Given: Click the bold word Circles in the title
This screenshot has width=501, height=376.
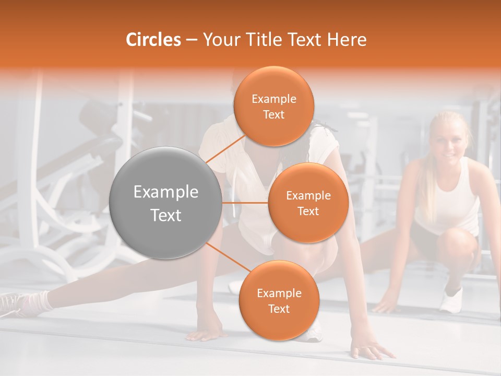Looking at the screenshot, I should [153, 40].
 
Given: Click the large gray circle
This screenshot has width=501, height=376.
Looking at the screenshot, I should [166, 203].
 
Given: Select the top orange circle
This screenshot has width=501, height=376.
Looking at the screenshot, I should [273, 106].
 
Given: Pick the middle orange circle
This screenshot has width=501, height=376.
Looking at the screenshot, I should [308, 203].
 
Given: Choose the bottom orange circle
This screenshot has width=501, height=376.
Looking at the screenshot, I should [279, 300].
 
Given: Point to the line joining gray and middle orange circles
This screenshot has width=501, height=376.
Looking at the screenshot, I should [245, 203].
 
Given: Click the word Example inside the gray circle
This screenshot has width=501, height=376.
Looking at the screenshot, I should [166, 192].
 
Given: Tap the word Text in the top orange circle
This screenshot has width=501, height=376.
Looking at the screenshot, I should [273, 114].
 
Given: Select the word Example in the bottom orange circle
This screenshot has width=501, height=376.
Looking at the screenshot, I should [279, 293].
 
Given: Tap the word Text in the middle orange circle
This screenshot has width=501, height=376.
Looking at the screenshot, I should [308, 211].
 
